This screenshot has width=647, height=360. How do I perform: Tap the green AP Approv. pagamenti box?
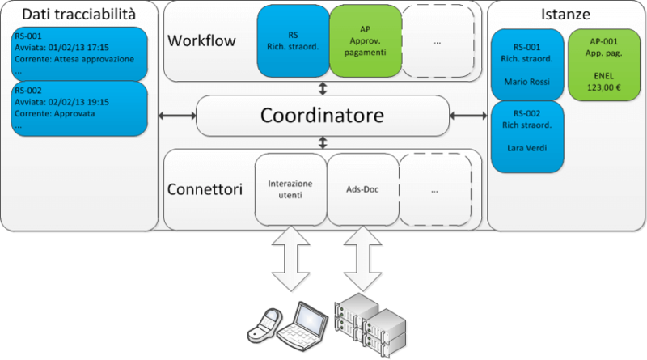[x=365, y=40]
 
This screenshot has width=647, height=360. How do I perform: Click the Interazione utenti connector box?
[x=290, y=189]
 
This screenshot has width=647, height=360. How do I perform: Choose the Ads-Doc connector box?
[x=362, y=189]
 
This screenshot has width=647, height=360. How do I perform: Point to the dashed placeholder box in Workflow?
[x=436, y=40]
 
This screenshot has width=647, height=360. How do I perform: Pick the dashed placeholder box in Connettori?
[x=435, y=189]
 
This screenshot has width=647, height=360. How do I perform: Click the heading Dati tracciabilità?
[x=78, y=14]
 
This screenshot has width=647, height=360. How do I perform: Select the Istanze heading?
[x=565, y=14]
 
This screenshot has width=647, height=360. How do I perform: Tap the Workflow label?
[x=201, y=40]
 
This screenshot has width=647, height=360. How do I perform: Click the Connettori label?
[x=205, y=190]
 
